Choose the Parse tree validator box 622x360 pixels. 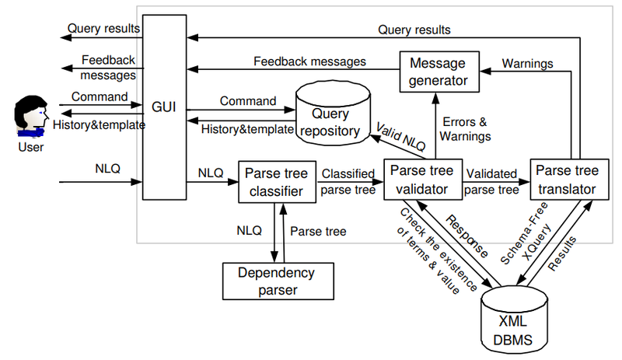coord(421,180)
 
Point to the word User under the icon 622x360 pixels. coord(30,147)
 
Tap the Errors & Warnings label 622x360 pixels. coord(466,128)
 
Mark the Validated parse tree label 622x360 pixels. coord(491,181)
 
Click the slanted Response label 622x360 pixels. coord(465,234)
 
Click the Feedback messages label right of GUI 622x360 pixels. coord(310,61)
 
